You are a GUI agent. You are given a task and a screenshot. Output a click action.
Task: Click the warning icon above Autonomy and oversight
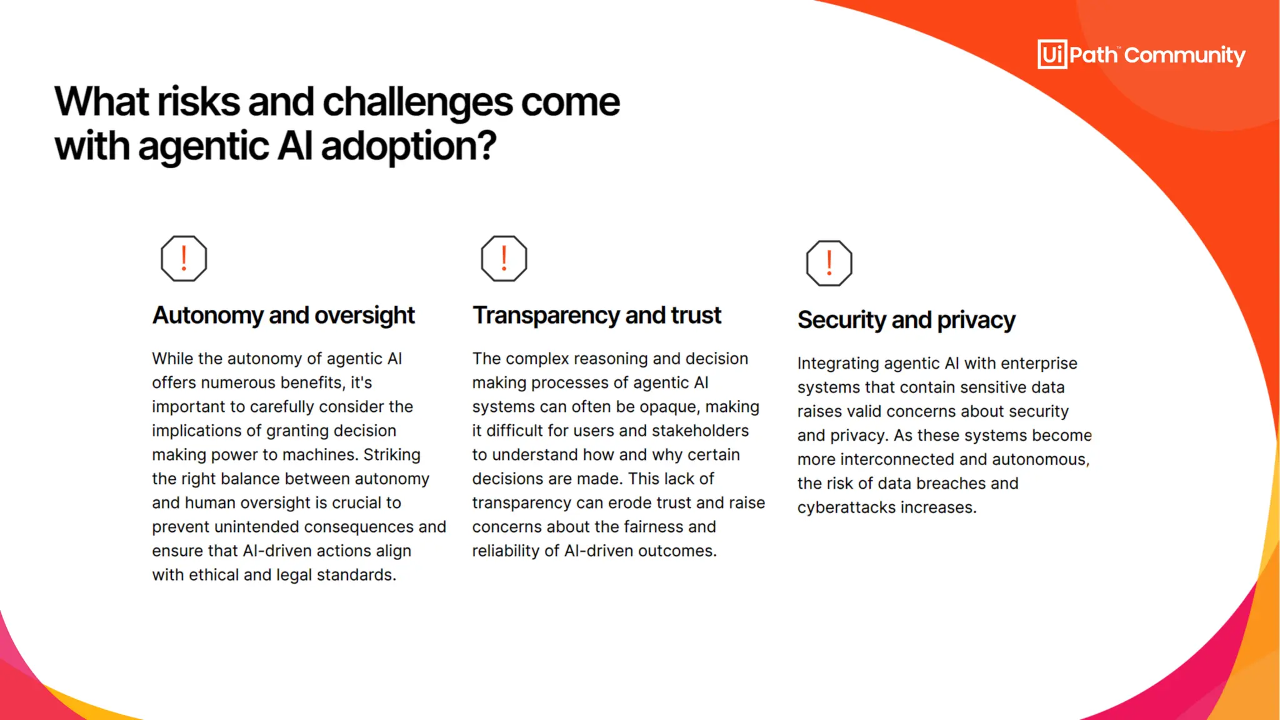click(x=184, y=258)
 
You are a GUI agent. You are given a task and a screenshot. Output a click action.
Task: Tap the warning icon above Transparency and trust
click(x=504, y=258)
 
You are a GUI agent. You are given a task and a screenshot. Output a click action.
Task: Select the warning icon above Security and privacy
click(x=829, y=263)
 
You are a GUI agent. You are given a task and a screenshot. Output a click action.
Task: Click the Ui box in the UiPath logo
click(x=1052, y=54)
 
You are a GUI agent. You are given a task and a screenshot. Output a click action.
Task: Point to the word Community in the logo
click(x=1184, y=55)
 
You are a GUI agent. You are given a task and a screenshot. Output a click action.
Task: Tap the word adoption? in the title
click(x=408, y=146)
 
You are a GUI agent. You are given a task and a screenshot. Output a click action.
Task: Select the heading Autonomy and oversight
click(x=283, y=315)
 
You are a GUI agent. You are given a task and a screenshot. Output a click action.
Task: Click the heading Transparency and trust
click(x=596, y=315)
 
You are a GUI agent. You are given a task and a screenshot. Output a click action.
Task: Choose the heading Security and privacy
click(x=906, y=320)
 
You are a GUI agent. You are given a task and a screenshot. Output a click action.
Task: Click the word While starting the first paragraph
click(x=172, y=359)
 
